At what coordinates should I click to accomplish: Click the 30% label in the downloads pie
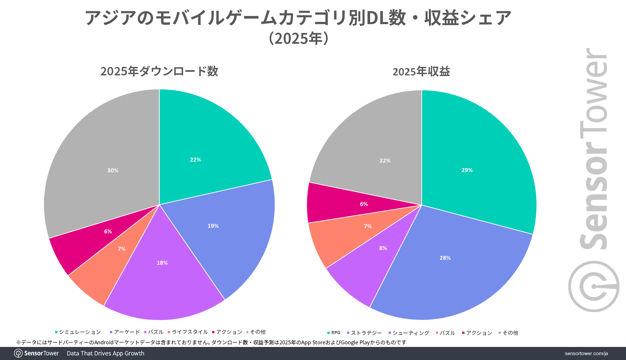point(113,170)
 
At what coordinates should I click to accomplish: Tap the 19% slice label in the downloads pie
point(213,226)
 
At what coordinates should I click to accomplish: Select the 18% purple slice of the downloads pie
point(162,263)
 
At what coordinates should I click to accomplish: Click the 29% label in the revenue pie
point(467,170)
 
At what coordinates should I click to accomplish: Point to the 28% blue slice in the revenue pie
point(445,258)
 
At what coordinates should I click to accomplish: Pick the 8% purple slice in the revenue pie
point(383,248)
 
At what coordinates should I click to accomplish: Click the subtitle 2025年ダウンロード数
point(159,71)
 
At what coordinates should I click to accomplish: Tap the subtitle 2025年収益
point(421,71)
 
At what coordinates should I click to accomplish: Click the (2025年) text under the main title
point(298,39)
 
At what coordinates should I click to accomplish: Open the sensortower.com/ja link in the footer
point(586,353)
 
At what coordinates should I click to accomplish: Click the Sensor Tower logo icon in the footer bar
point(18,353)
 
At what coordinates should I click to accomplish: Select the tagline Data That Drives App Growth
point(105,353)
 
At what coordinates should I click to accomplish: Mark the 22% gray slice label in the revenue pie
point(385,161)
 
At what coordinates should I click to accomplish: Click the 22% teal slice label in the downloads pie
point(196,160)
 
